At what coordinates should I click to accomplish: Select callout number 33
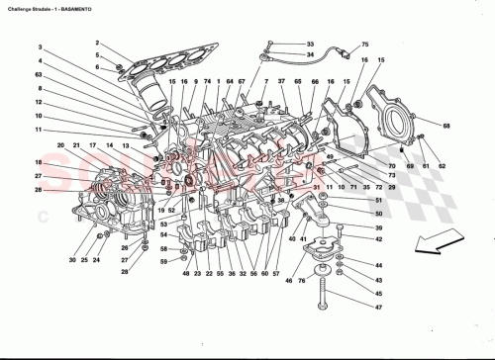[310, 45]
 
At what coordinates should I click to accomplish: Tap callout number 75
[363, 45]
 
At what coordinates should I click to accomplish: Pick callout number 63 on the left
[38, 74]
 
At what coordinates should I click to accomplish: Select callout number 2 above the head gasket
[98, 43]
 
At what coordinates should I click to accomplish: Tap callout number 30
[72, 260]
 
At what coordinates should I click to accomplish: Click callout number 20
[59, 146]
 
